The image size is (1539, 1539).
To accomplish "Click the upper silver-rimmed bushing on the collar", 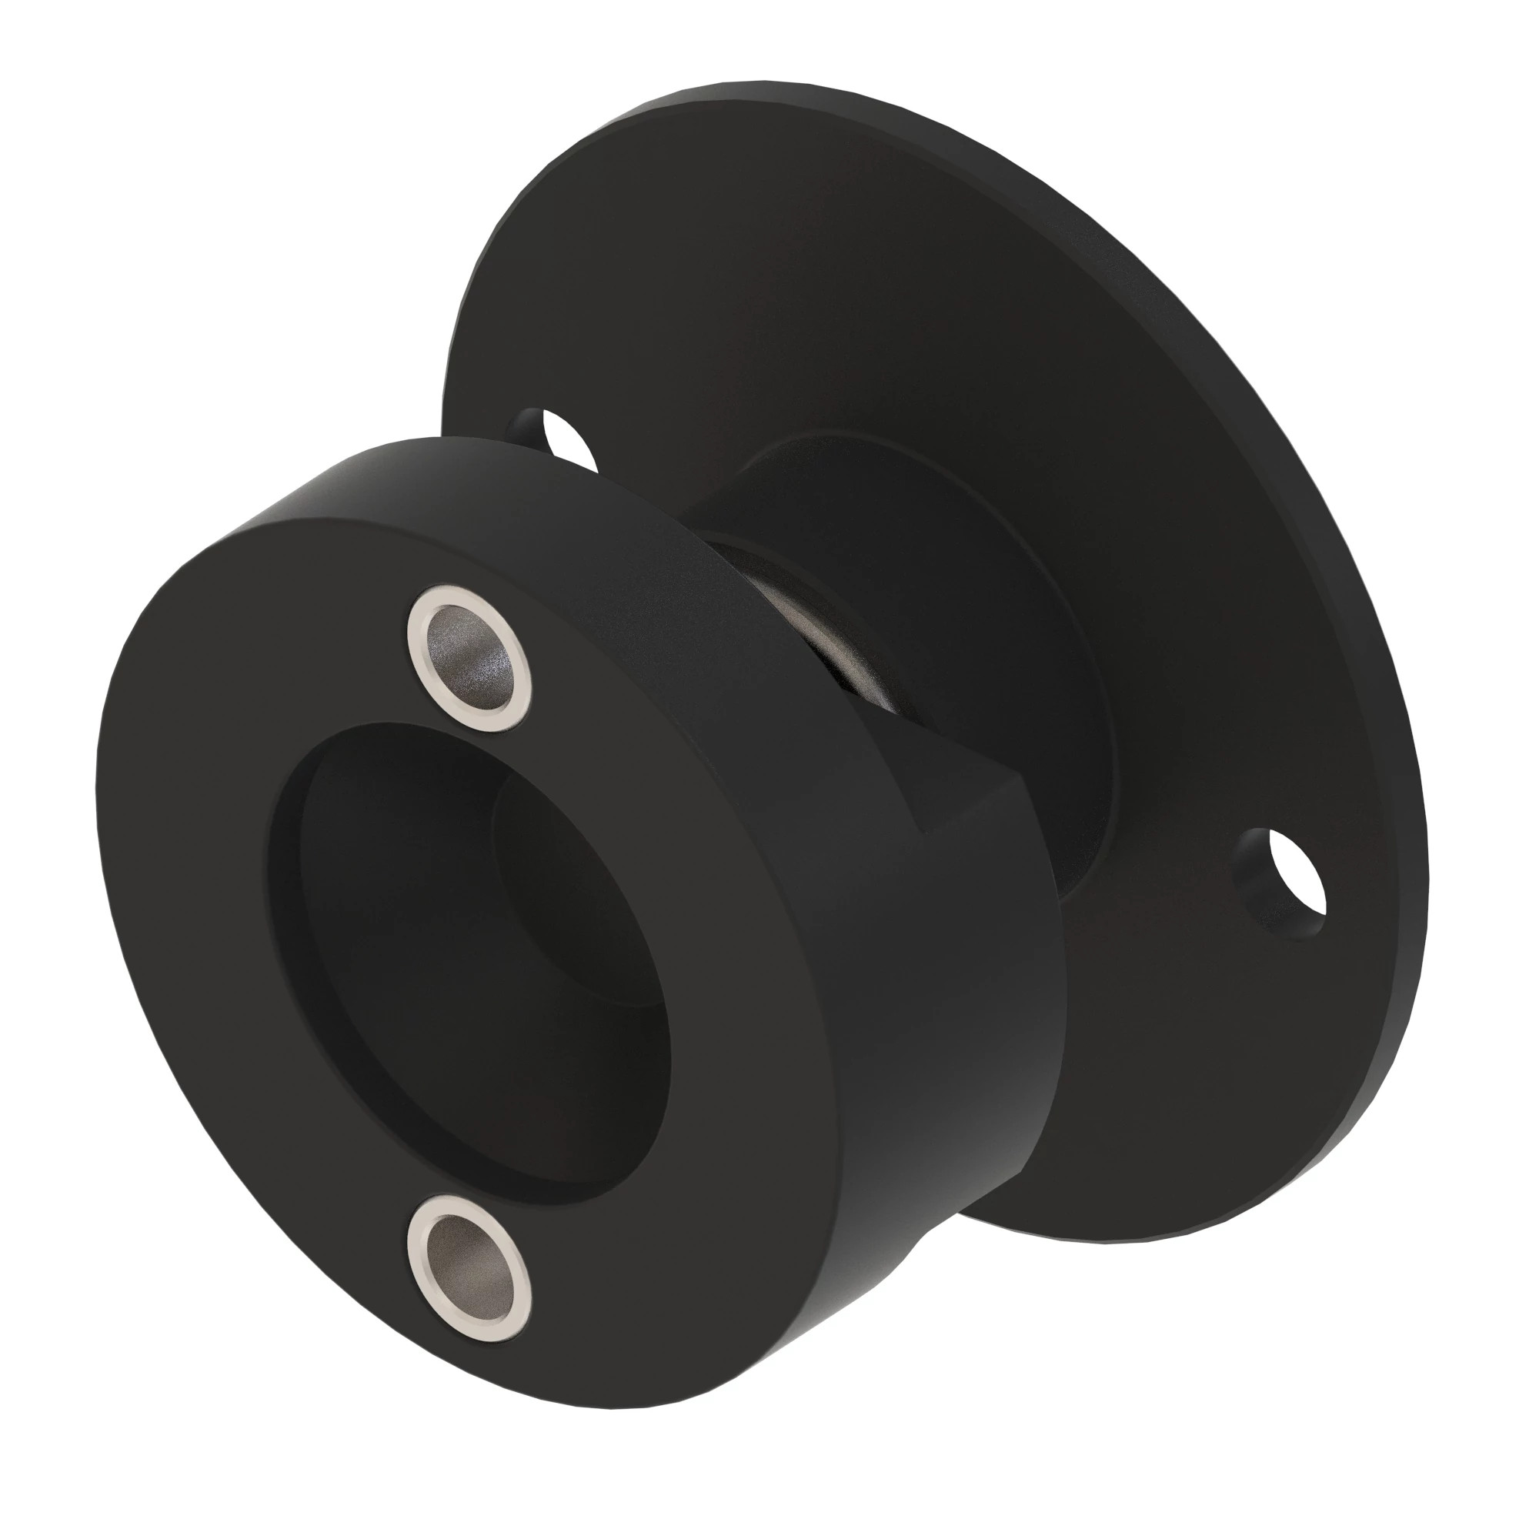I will tap(469, 658).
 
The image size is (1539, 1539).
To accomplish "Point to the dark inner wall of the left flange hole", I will tap(529, 422).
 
